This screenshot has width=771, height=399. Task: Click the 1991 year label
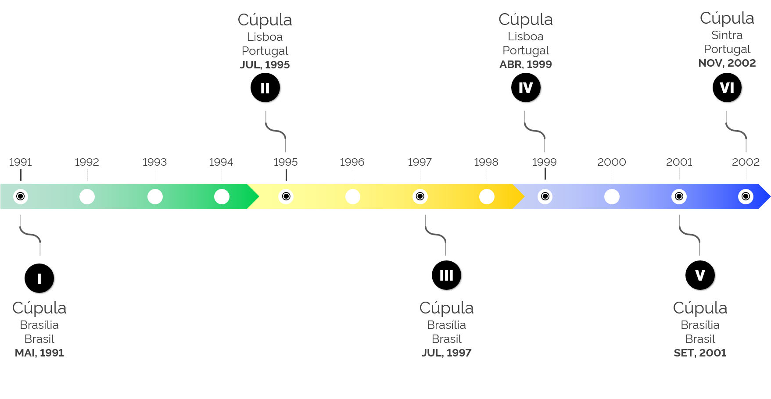(21, 162)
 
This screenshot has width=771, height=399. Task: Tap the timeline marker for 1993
(155, 196)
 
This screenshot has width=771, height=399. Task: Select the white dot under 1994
(222, 196)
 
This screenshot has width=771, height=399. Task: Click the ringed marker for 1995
(286, 196)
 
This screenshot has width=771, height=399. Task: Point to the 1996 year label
(352, 162)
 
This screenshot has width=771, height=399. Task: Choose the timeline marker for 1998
(487, 196)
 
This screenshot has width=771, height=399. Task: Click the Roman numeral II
(265, 88)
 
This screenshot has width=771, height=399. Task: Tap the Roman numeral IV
(526, 88)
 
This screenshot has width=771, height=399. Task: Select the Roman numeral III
(446, 275)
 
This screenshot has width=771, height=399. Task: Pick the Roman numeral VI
(727, 88)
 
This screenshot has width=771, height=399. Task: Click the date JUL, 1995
(265, 65)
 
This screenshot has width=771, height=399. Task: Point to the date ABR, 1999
(526, 64)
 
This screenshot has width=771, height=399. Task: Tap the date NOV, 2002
(727, 63)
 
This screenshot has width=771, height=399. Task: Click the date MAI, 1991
(39, 353)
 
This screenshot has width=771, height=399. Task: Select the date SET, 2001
(700, 353)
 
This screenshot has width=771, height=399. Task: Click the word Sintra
(727, 35)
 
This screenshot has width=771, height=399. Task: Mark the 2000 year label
(612, 162)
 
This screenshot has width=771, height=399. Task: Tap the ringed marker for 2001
(679, 196)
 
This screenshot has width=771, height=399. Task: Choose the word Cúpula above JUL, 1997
(446, 308)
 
